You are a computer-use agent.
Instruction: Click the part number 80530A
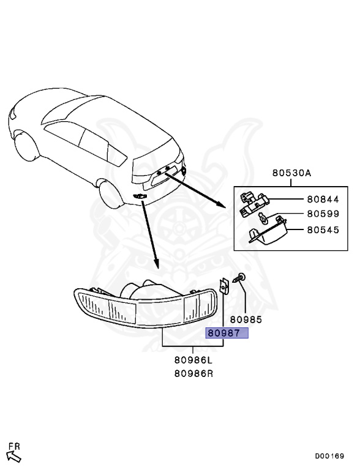click(x=291, y=173)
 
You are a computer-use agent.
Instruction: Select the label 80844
click(x=323, y=200)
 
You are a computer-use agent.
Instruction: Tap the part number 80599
click(x=323, y=214)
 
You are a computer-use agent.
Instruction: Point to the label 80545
click(x=323, y=230)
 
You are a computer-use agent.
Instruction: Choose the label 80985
click(x=246, y=319)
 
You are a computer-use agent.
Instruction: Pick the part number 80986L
click(x=193, y=360)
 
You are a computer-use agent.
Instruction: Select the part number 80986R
click(x=193, y=373)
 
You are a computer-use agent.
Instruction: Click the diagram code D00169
click(x=329, y=456)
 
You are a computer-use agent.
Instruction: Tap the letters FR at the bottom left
click(x=14, y=446)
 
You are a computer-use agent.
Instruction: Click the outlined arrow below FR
click(x=14, y=457)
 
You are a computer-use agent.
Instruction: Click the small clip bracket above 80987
click(x=223, y=286)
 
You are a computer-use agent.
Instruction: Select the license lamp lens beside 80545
click(x=267, y=233)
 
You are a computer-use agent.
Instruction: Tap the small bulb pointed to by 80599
click(x=263, y=218)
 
